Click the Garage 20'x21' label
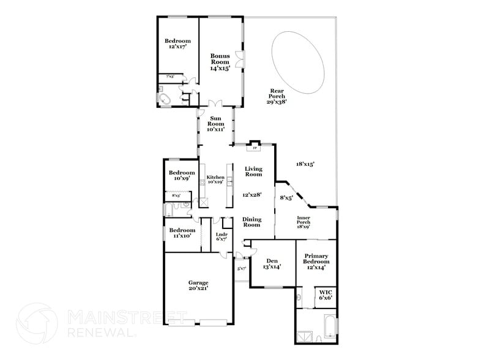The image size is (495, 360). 198,286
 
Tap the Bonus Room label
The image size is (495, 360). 220,62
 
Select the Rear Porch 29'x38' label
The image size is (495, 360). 277,96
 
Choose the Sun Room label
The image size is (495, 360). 215,124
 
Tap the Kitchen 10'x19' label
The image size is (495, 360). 215,179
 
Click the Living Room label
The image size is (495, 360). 253,171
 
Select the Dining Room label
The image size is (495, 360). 252,222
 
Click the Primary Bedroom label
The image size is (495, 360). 316,261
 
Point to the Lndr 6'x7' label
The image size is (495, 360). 221,236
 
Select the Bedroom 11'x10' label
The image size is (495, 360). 182,233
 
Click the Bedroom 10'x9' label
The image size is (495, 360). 182,175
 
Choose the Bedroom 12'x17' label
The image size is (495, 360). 175,43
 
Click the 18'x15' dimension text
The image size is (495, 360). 305,164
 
